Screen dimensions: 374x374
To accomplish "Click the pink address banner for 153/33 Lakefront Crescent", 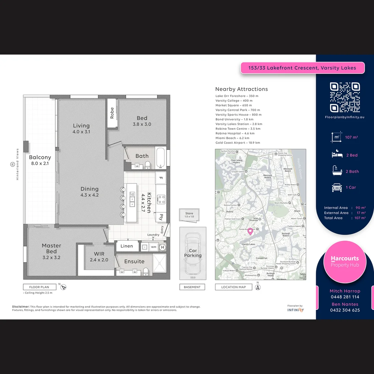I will click(303, 68).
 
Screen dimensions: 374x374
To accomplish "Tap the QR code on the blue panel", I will click(345, 97).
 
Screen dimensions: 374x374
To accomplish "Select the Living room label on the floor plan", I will click(81, 128).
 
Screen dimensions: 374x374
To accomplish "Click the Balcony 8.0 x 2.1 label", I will click(40, 160).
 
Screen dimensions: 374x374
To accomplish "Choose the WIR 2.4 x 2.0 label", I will click(99, 257).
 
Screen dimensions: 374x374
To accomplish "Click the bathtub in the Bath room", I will click(161, 158).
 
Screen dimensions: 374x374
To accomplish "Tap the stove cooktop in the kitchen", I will click(161, 199).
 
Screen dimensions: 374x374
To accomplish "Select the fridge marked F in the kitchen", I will click(161, 178).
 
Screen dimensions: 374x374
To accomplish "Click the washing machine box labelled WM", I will click(153, 247).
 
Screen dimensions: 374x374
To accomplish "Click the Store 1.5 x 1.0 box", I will click(189, 215).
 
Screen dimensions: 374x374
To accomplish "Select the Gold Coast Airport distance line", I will click(238, 143).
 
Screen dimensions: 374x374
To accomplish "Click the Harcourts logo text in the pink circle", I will click(345, 258).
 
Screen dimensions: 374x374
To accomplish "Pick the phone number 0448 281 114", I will click(345, 297).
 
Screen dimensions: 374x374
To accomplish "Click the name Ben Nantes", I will click(345, 304).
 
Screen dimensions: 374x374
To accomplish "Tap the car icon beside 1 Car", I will click(337, 187).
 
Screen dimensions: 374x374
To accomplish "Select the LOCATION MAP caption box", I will click(233, 287).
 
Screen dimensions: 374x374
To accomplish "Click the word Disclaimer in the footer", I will click(21, 307).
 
